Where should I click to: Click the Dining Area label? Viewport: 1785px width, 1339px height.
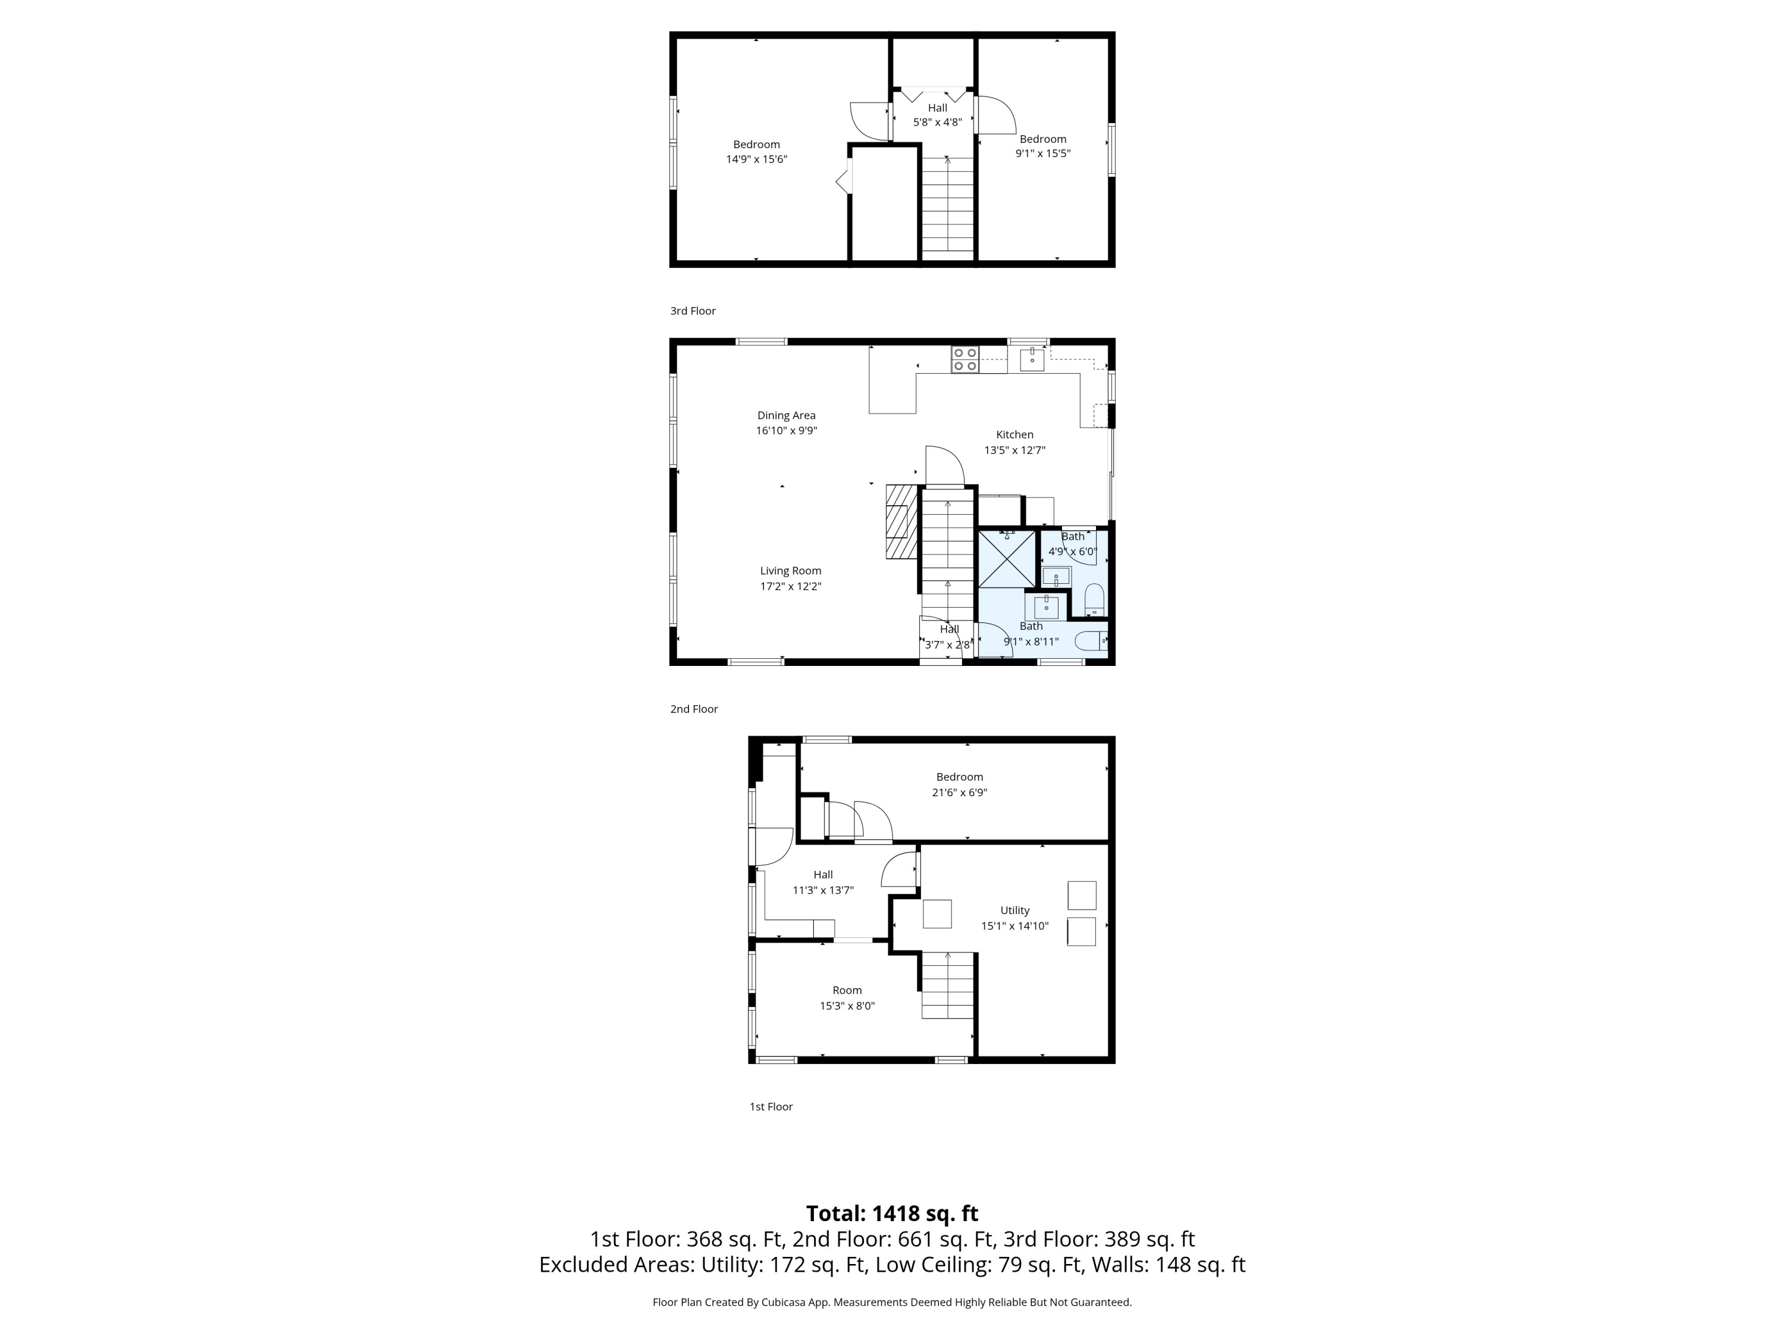click(x=786, y=415)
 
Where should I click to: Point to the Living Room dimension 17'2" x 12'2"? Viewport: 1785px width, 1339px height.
click(x=790, y=587)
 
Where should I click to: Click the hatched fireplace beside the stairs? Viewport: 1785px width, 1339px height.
click(x=901, y=521)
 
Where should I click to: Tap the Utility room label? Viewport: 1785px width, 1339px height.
click(x=1014, y=911)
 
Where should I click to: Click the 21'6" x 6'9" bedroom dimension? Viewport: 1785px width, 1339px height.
click(x=960, y=793)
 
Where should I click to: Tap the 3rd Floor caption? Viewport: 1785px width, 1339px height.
click(x=693, y=311)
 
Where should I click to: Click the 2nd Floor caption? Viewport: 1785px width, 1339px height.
click(x=693, y=709)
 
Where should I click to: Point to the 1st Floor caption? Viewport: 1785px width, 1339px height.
click(x=771, y=1106)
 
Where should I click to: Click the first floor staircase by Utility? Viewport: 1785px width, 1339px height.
click(x=947, y=985)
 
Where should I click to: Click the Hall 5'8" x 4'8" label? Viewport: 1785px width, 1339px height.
click(x=937, y=115)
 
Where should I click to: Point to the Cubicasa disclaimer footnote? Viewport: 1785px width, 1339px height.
click(x=892, y=1302)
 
